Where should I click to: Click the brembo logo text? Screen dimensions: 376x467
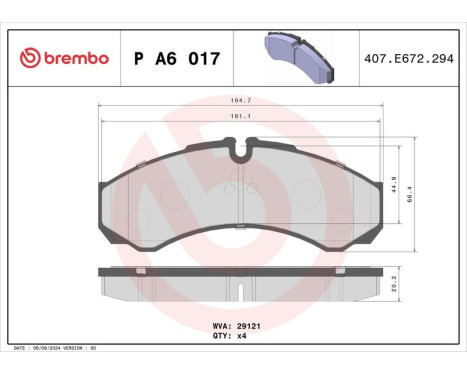pyautogui.click(x=76, y=58)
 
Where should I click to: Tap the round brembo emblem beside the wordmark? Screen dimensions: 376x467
pyautogui.click(x=30, y=58)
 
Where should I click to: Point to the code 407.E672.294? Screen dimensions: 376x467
pyautogui.click(x=411, y=58)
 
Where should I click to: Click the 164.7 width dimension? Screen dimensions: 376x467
pyautogui.click(x=239, y=101)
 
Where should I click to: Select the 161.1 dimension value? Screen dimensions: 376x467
pyautogui.click(x=239, y=116)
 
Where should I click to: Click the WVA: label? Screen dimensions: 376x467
pyautogui.click(x=222, y=326)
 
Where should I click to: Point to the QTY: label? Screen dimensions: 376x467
pyautogui.click(x=222, y=337)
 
